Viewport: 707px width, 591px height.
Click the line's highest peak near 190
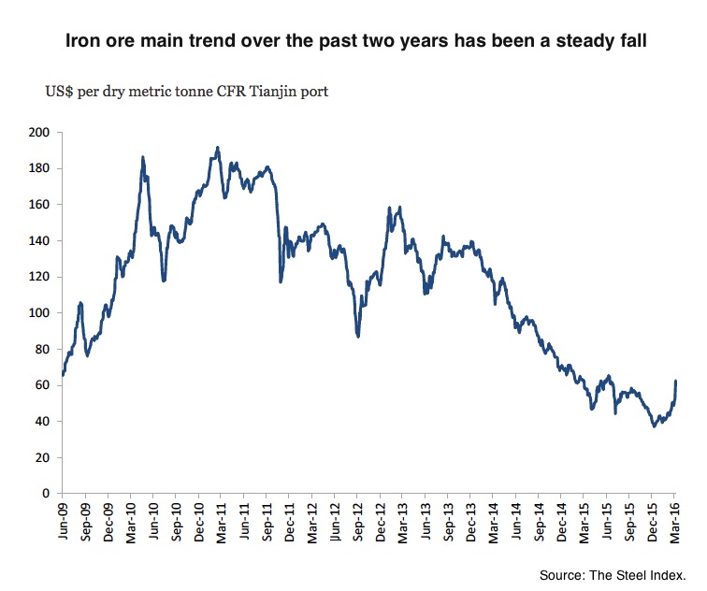tap(218, 148)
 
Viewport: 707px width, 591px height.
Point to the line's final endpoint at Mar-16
tap(676, 381)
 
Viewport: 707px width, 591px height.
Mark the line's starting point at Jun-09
tap(63, 375)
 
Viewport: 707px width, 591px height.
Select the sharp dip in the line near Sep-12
tap(358, 336)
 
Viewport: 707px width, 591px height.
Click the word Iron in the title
tap(79, 42)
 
